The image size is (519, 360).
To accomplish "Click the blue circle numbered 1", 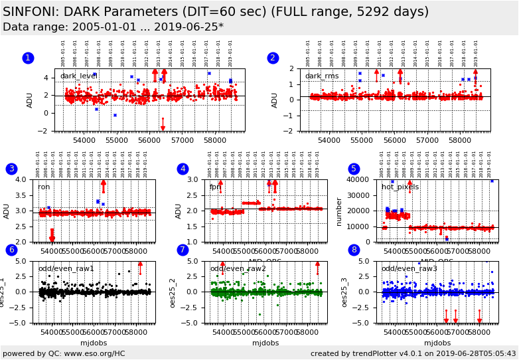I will click(28, 58).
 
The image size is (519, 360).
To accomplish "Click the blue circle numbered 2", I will click(273, 58).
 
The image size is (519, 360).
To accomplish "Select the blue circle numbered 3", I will click(11, 169).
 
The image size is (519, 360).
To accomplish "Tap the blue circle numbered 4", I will click(183, 169).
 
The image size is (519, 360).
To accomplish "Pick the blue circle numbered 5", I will click(354, 169).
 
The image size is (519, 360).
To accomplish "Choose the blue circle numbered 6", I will click(11, 250).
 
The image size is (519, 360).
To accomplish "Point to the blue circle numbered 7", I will click(183, 250).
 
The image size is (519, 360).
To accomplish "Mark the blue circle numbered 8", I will click(354, 250).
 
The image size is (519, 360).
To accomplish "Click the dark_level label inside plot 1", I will click(79, 76).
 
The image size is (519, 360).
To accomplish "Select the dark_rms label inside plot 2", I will click(322, 76).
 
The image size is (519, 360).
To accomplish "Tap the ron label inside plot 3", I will click(44, 187).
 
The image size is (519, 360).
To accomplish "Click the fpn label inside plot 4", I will click(215, 187).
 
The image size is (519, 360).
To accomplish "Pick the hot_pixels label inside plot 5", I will click(400, 187).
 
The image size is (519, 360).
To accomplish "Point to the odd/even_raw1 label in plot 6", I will click(66, 269).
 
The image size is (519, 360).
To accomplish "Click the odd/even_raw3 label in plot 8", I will click(409, 269).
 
